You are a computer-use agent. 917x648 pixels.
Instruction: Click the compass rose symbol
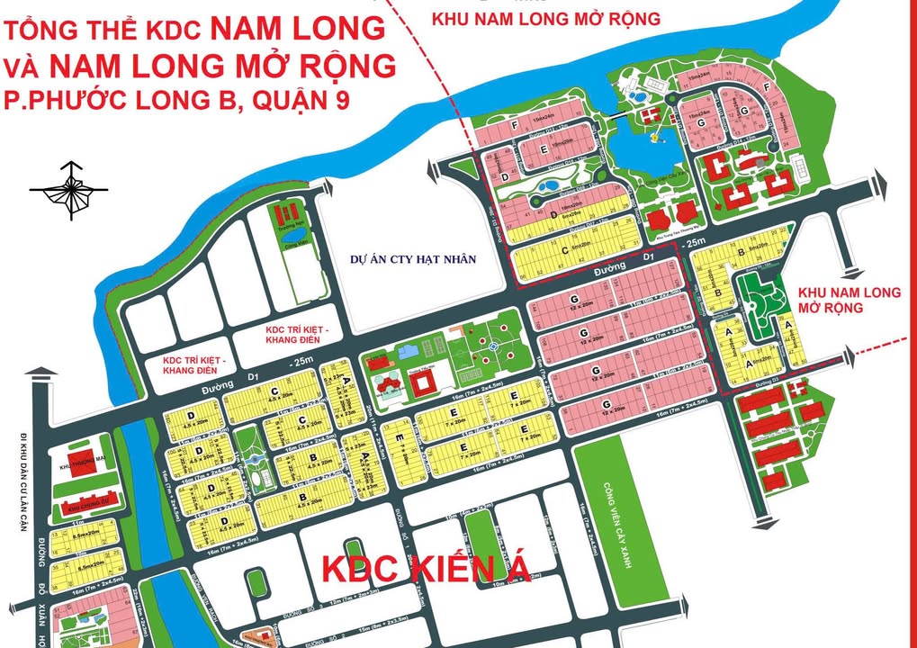(x=69, y=189)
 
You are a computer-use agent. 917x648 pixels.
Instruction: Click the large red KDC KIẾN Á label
(x=427, y=570)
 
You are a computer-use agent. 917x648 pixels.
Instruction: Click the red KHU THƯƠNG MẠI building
(x=82, y=459)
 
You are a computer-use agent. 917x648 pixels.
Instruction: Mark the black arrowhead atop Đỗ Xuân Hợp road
(x=36, y=372)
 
